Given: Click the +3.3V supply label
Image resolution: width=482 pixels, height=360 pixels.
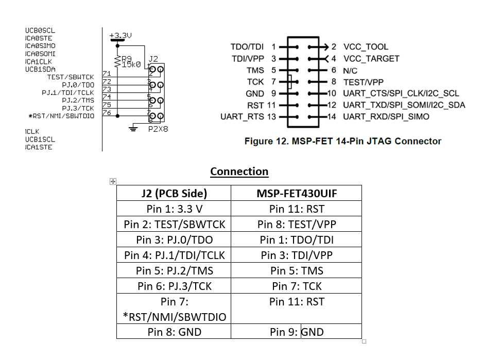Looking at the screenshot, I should point(120,36).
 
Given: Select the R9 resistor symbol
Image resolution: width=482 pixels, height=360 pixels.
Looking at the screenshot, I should point(118,62).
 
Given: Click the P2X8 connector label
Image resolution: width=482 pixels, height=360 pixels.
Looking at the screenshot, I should point(158,129).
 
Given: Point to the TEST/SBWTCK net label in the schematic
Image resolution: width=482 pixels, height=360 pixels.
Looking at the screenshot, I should point(71,77).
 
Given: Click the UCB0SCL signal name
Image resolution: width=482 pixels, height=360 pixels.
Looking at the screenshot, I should point(40,30).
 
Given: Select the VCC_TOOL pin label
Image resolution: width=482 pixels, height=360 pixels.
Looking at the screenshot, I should point(366,47).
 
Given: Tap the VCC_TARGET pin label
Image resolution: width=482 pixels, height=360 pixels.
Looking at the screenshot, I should point(371,59).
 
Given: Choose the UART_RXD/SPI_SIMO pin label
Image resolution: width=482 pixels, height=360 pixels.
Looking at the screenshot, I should point(386,117).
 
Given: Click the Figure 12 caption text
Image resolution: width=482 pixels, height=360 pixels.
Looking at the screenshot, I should point(342,141).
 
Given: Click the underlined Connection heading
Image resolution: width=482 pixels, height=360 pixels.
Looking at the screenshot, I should point(239,172).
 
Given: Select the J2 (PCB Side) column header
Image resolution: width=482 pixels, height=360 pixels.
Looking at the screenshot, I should point(174,193).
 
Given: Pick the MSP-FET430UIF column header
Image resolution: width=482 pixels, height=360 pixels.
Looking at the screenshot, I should point(297,193).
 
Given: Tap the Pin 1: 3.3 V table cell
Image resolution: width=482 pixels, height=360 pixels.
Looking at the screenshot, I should point(174,209).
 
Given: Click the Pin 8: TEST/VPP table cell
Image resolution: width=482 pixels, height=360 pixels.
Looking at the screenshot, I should point(297,224).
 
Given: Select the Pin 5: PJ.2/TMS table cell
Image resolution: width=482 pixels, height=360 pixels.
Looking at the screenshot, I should point(174,270).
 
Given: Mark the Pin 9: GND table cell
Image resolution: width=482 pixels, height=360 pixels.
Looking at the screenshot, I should point(297,332).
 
